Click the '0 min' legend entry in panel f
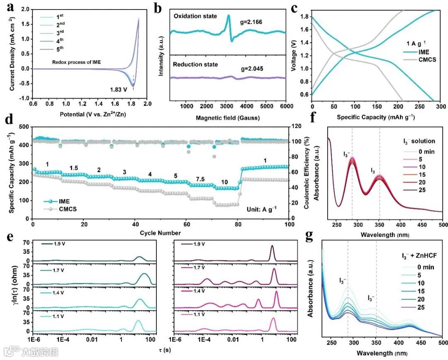tap(426, 151)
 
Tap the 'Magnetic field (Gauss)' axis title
tap(223, 118)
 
